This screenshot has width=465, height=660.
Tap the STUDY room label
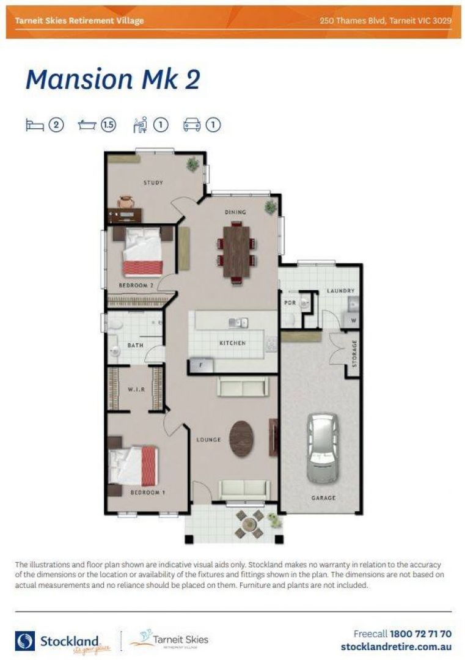point(153,183)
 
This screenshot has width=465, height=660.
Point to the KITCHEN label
point(232,343)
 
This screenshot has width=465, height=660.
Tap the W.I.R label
point(136,389)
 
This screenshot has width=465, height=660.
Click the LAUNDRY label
point(340,291)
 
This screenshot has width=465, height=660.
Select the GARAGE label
point(323,498)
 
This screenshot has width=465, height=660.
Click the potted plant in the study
point(193,164)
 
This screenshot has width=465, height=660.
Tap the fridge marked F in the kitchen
point(201,365)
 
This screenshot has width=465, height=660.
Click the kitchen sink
point(237,322)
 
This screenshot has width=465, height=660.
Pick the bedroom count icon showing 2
point(56,125)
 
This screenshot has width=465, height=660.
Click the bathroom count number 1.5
point(109,125)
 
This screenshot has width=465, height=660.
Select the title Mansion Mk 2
point(113,80)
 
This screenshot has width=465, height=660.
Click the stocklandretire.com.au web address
point(396,647)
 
